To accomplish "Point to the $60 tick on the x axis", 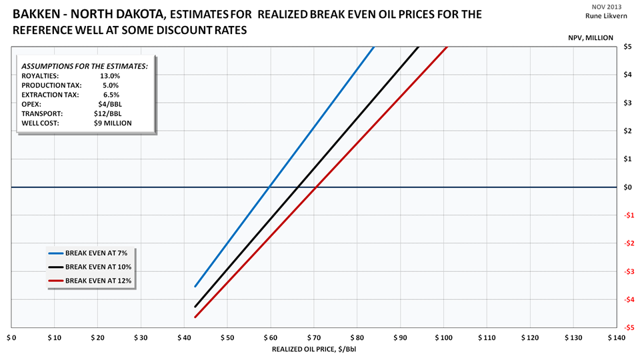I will [x=271, y=339].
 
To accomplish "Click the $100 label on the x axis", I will [x=443, y=339].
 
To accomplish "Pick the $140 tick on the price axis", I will [x=617, y=339].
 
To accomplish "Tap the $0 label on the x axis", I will [x=11, y=339].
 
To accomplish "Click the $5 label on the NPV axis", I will [x=627, y=47].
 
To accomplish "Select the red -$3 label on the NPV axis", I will [x=627, y=271].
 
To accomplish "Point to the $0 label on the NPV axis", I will [x=627, y=187].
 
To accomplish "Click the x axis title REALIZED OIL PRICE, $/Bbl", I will [x=309, y=349].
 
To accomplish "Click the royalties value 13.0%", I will [x=110, y=76].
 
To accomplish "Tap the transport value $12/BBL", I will [x=110, y=114].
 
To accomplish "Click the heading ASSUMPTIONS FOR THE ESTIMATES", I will [x=85, y=67].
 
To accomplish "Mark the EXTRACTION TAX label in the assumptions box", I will [x=49, y=95].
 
